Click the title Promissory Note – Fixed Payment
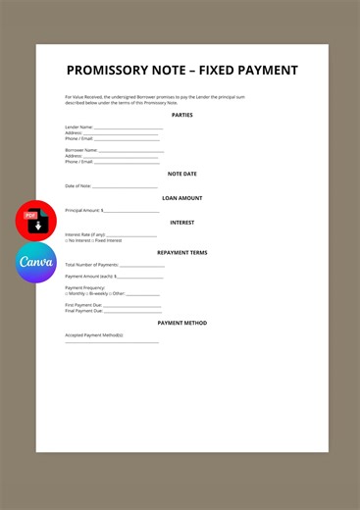tap(181, 71)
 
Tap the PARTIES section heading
tap(181, 115)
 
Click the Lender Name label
tap(78, 127)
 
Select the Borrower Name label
tap(80, 150)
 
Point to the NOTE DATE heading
tap(181, 174)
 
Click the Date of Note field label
tap(78, 186)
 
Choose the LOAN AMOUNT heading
tap(181, 198)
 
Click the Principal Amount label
tap(82, 211)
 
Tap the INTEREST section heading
tap(181, 223)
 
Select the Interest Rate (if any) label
tap(84, 235)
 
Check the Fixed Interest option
tap(107, 241)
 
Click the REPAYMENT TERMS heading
tap(181, 253)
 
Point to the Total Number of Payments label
tap(91, 265)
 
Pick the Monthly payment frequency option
tap(75, 293)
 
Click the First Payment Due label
tap(83, 305)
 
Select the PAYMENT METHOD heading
tap(181, 323)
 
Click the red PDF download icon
tap(36, 221)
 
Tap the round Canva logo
tap(36, 262)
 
